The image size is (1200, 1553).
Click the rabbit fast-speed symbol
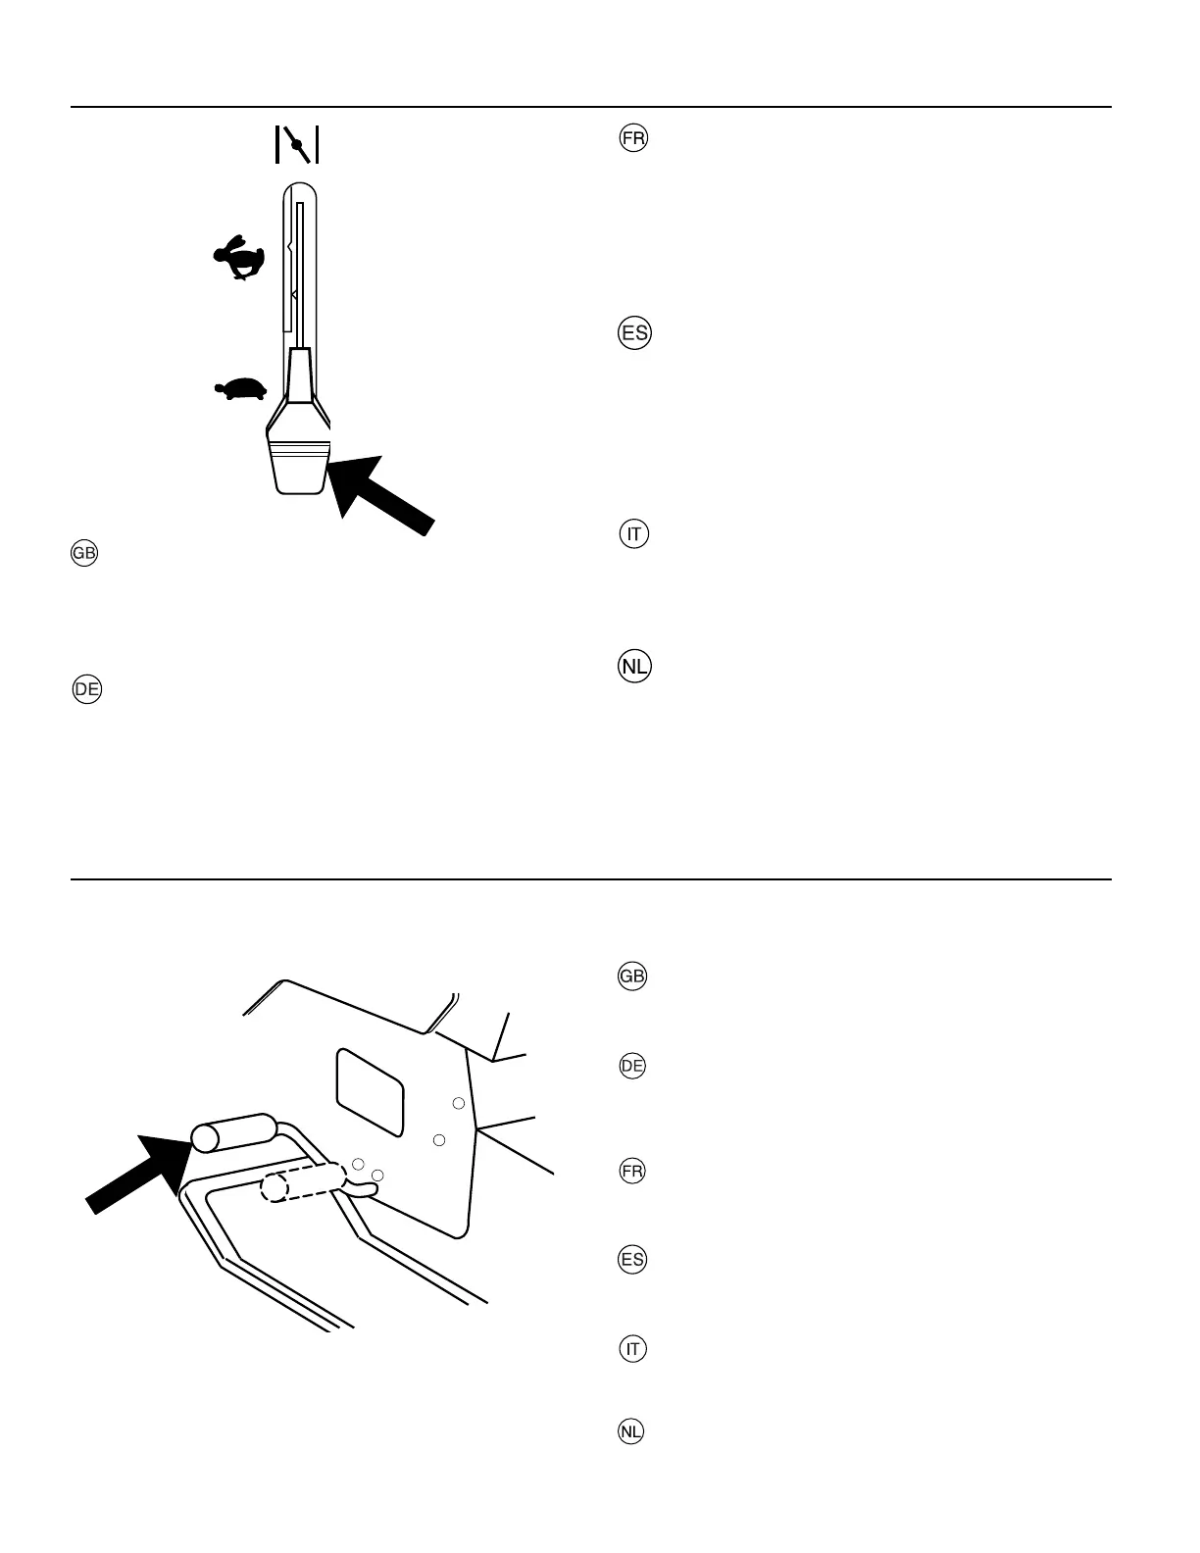239,258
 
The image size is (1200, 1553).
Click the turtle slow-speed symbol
241,389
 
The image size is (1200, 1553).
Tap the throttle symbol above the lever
297,145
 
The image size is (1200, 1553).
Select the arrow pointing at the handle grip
136,1173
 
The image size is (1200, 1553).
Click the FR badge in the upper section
633,138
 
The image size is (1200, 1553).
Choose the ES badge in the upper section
634,333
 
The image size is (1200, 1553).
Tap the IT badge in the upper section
634,534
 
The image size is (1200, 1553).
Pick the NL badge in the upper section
634,668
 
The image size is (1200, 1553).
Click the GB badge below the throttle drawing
84,554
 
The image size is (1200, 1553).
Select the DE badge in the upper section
87,689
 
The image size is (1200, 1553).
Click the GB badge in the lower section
632,977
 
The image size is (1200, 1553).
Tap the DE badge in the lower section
632,1067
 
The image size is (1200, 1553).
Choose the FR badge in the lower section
632,1172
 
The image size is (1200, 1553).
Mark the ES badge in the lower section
632,1260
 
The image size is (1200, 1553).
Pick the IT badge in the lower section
632,1350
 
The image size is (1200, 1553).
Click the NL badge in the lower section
632,1432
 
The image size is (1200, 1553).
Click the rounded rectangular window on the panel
371,1094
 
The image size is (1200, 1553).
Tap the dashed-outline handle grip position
302,1183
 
